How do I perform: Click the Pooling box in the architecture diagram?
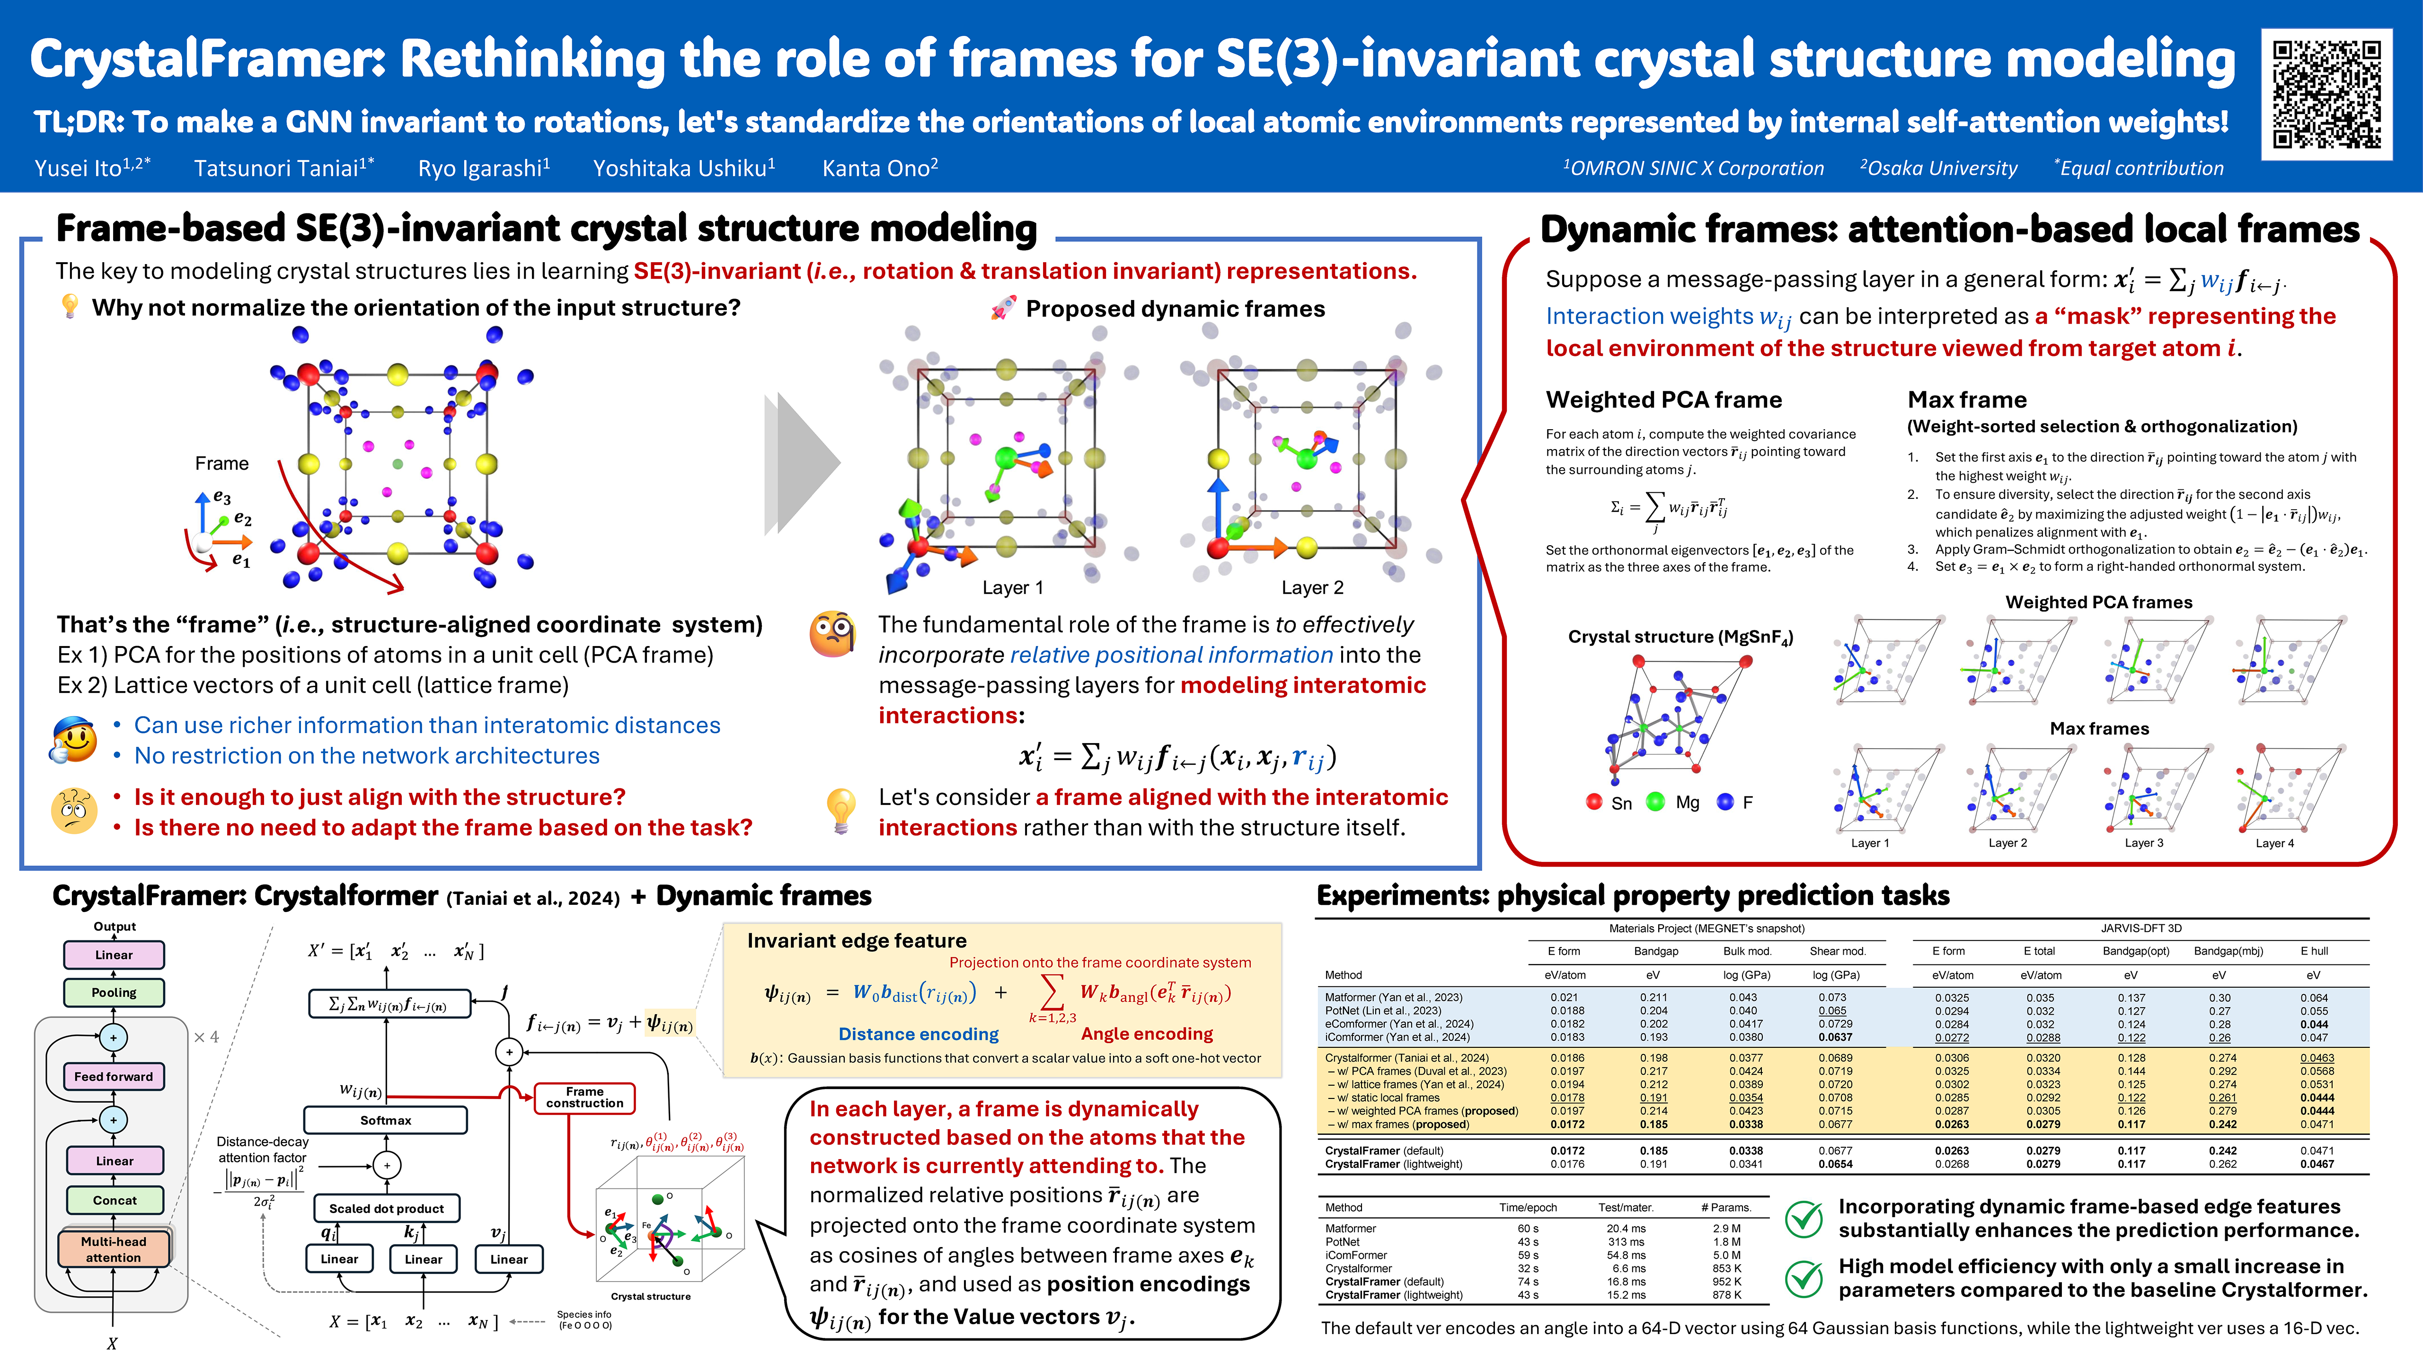pos(114,992)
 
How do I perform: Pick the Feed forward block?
pos(114,1076)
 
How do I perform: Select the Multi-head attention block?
pos(114,1249)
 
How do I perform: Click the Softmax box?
pos(386,1120)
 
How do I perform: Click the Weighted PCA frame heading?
pos(1663,400)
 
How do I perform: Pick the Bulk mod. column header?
pos(1747,951)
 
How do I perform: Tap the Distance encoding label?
pos(918,1034)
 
